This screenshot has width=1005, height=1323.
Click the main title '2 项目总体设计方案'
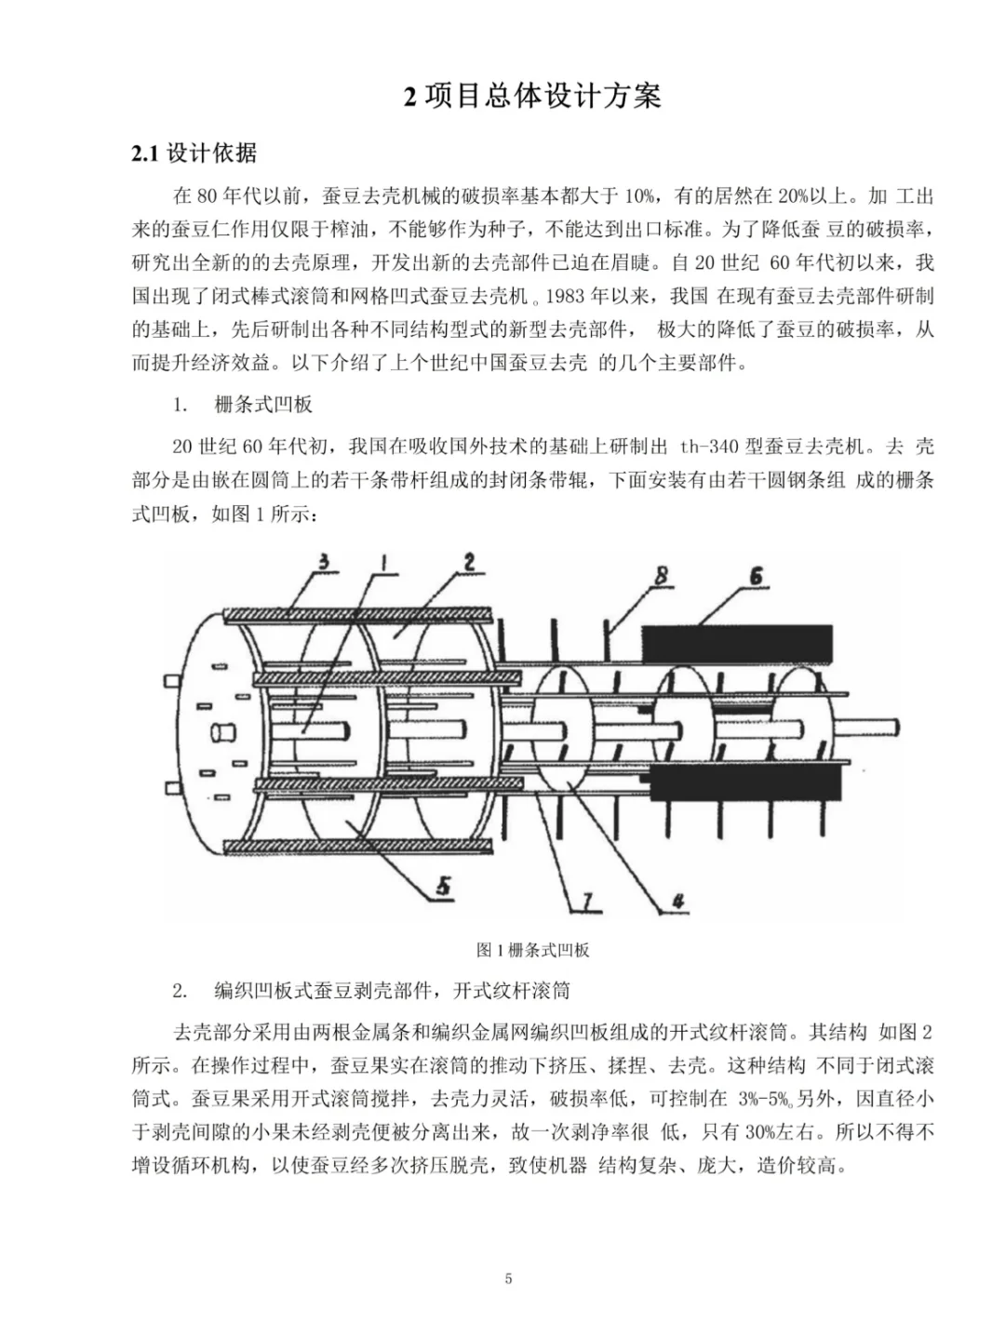532,96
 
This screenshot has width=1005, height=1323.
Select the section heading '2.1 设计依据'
194,154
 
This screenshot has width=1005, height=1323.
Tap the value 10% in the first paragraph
639,196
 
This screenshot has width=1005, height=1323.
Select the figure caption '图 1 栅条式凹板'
532,950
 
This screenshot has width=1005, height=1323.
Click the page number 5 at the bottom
508,1278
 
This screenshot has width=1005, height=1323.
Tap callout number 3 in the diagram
324,562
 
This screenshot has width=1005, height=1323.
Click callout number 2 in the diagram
469,561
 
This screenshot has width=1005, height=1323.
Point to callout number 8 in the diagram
662,576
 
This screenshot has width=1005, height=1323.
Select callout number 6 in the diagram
756,577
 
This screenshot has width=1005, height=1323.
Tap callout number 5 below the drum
443,885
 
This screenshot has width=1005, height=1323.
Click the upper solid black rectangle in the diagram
737,644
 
